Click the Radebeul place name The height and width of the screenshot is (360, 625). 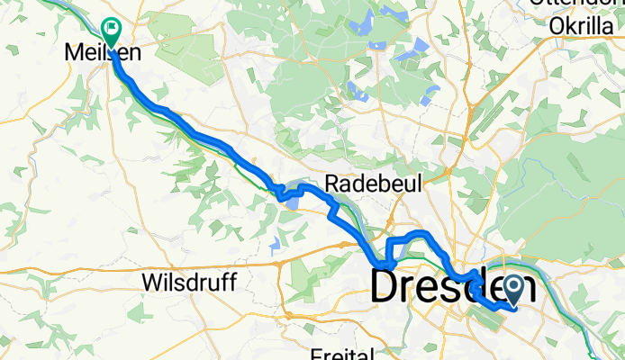tap(361, 183)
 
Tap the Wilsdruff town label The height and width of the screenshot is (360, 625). tap(189, 283)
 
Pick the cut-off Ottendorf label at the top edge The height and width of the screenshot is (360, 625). tap(576, 4)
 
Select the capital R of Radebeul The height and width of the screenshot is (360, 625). tap(330, 183)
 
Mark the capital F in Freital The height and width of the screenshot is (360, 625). tap(314, 354)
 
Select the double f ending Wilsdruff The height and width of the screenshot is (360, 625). tap(229, 283)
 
